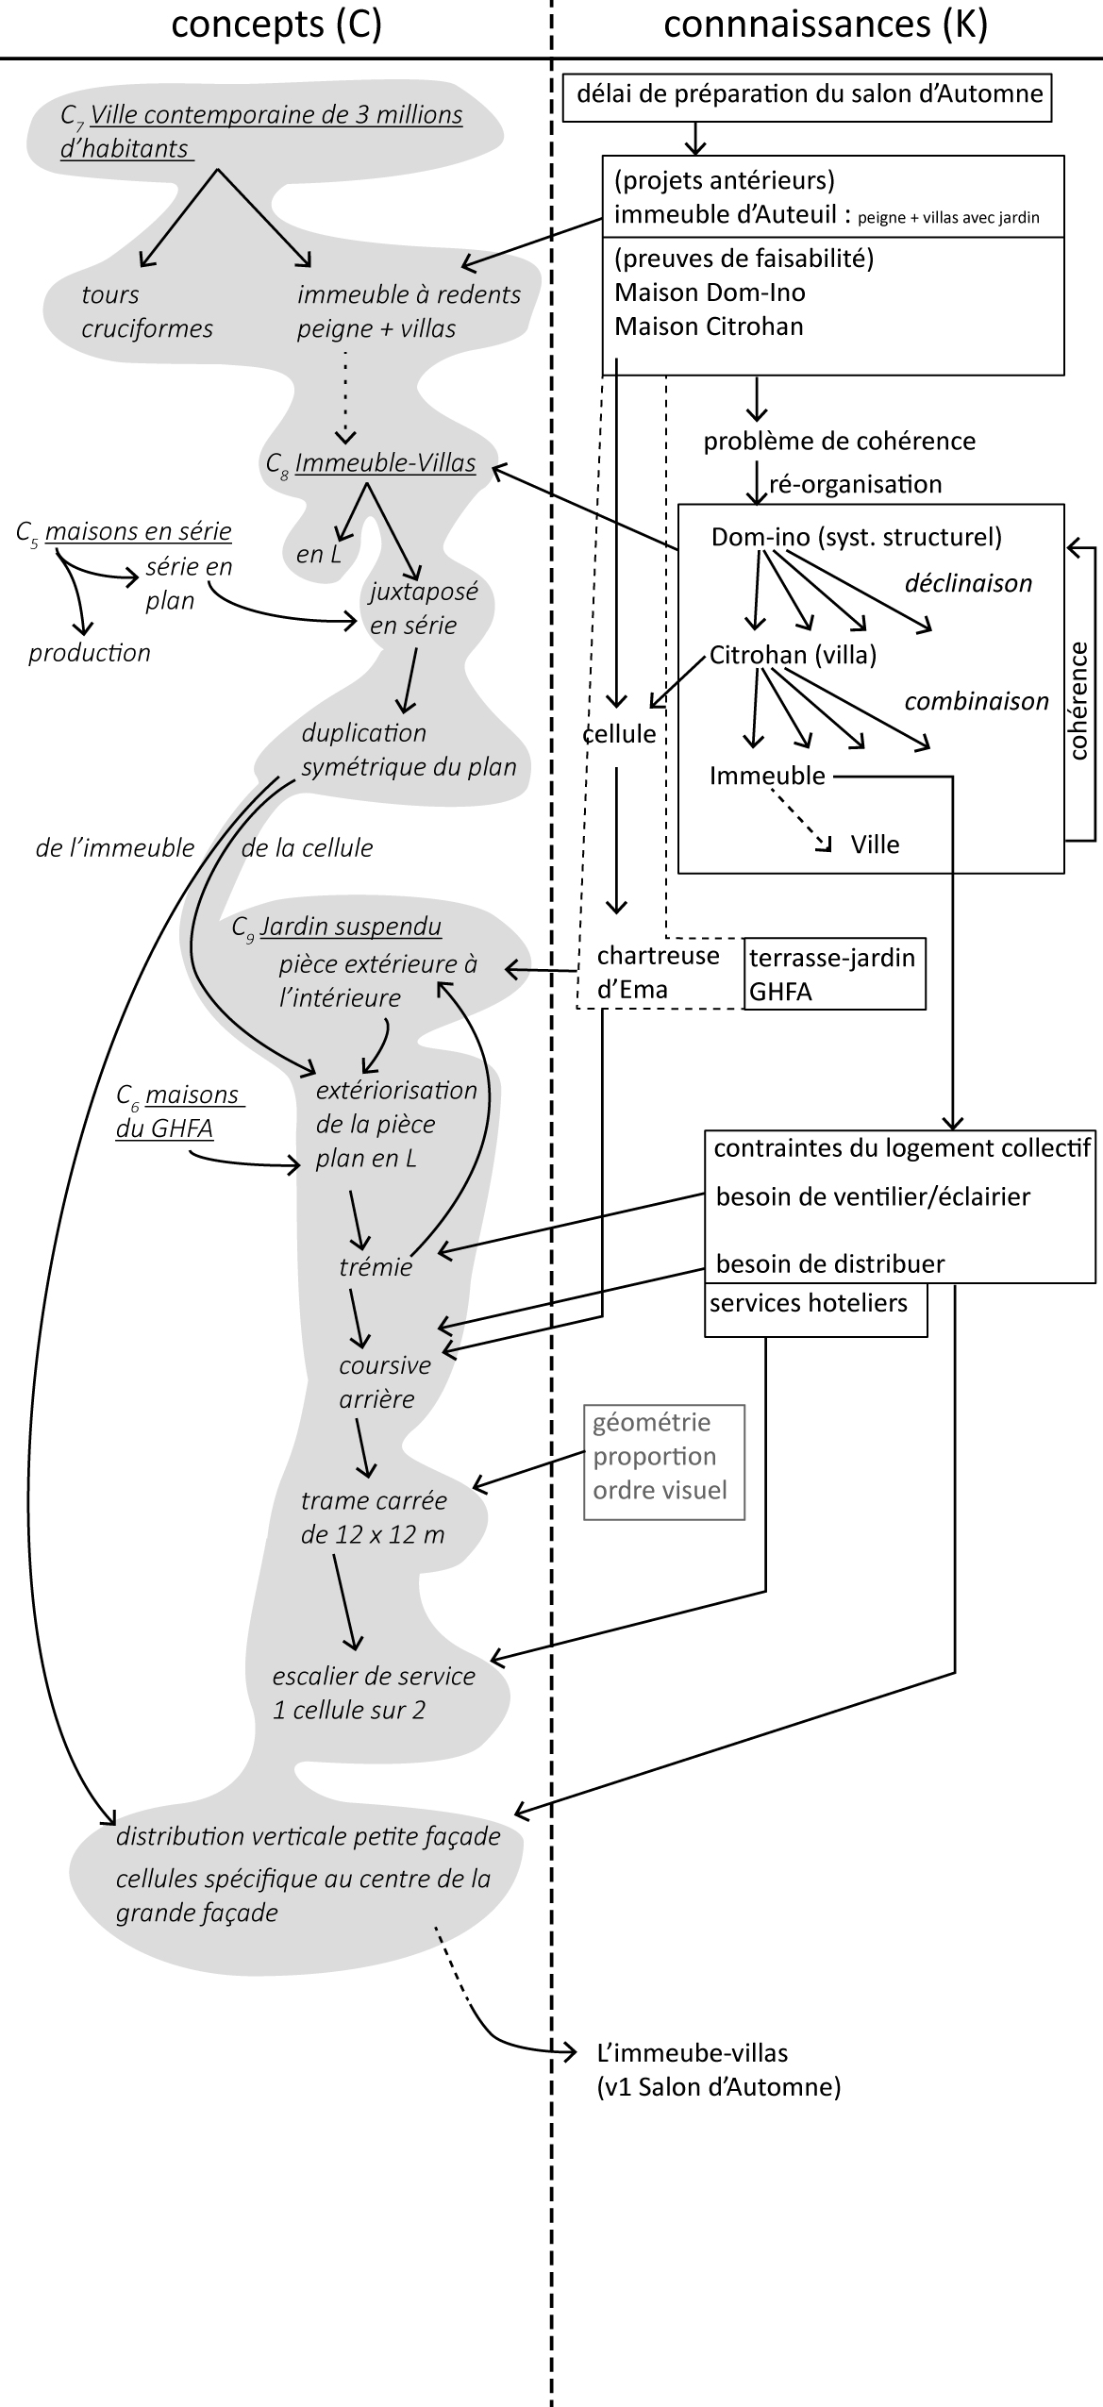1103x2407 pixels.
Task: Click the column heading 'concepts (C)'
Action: coord(276,25)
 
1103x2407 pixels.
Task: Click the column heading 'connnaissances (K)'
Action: coord(826,25)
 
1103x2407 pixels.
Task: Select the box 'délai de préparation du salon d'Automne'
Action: coord(808,95)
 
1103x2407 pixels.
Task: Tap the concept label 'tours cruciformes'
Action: coord(146,311)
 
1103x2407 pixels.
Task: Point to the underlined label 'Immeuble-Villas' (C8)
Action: coord(385,464)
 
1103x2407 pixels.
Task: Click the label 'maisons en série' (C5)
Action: coord(138,531)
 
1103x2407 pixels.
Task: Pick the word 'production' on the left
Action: coord(90,653)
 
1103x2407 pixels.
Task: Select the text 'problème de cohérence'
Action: coord(839,442)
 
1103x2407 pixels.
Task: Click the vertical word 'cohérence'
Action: coord(1078,700)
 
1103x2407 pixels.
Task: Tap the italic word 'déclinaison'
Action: coord(968,583)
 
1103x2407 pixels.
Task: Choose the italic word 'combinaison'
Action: coord(977,701)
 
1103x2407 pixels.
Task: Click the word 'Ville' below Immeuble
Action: coord(875,844)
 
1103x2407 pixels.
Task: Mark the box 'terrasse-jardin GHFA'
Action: coord(834,974)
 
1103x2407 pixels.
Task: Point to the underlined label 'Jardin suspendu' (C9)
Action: coord(351,927)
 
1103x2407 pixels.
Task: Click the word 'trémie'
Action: coord(376,1267)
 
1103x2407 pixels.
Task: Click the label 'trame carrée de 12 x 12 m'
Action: coord(374,1517)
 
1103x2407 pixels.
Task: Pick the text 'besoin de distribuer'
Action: coord(830,1264)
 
